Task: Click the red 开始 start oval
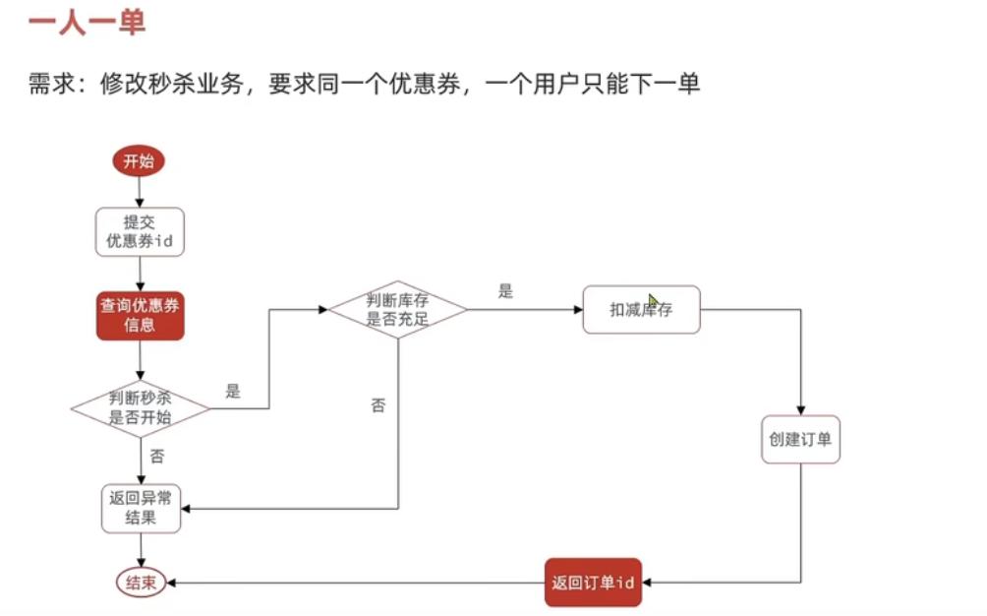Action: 139,161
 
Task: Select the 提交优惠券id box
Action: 140,232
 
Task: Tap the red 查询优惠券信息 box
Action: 140,315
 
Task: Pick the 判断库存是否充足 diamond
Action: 397,309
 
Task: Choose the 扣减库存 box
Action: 641,309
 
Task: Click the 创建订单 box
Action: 800,440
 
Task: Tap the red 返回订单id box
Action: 593,583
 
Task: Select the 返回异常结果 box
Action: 141,508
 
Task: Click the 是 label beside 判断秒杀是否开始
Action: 233,391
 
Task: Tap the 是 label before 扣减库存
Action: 505,291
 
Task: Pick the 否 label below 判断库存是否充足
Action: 377,404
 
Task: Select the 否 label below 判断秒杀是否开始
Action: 157,456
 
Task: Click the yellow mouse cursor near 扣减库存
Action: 654,301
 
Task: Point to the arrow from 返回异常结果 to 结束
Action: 141,550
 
